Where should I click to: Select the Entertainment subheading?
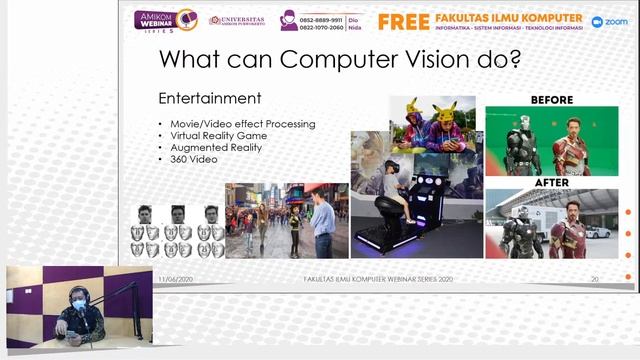(x=210, y=98)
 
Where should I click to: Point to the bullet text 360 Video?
(x=193, y=160)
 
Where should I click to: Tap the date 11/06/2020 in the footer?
(x=176, y=278)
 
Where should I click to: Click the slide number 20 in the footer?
(x=595, y=278)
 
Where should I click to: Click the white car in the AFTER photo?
(x=598, y=231)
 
